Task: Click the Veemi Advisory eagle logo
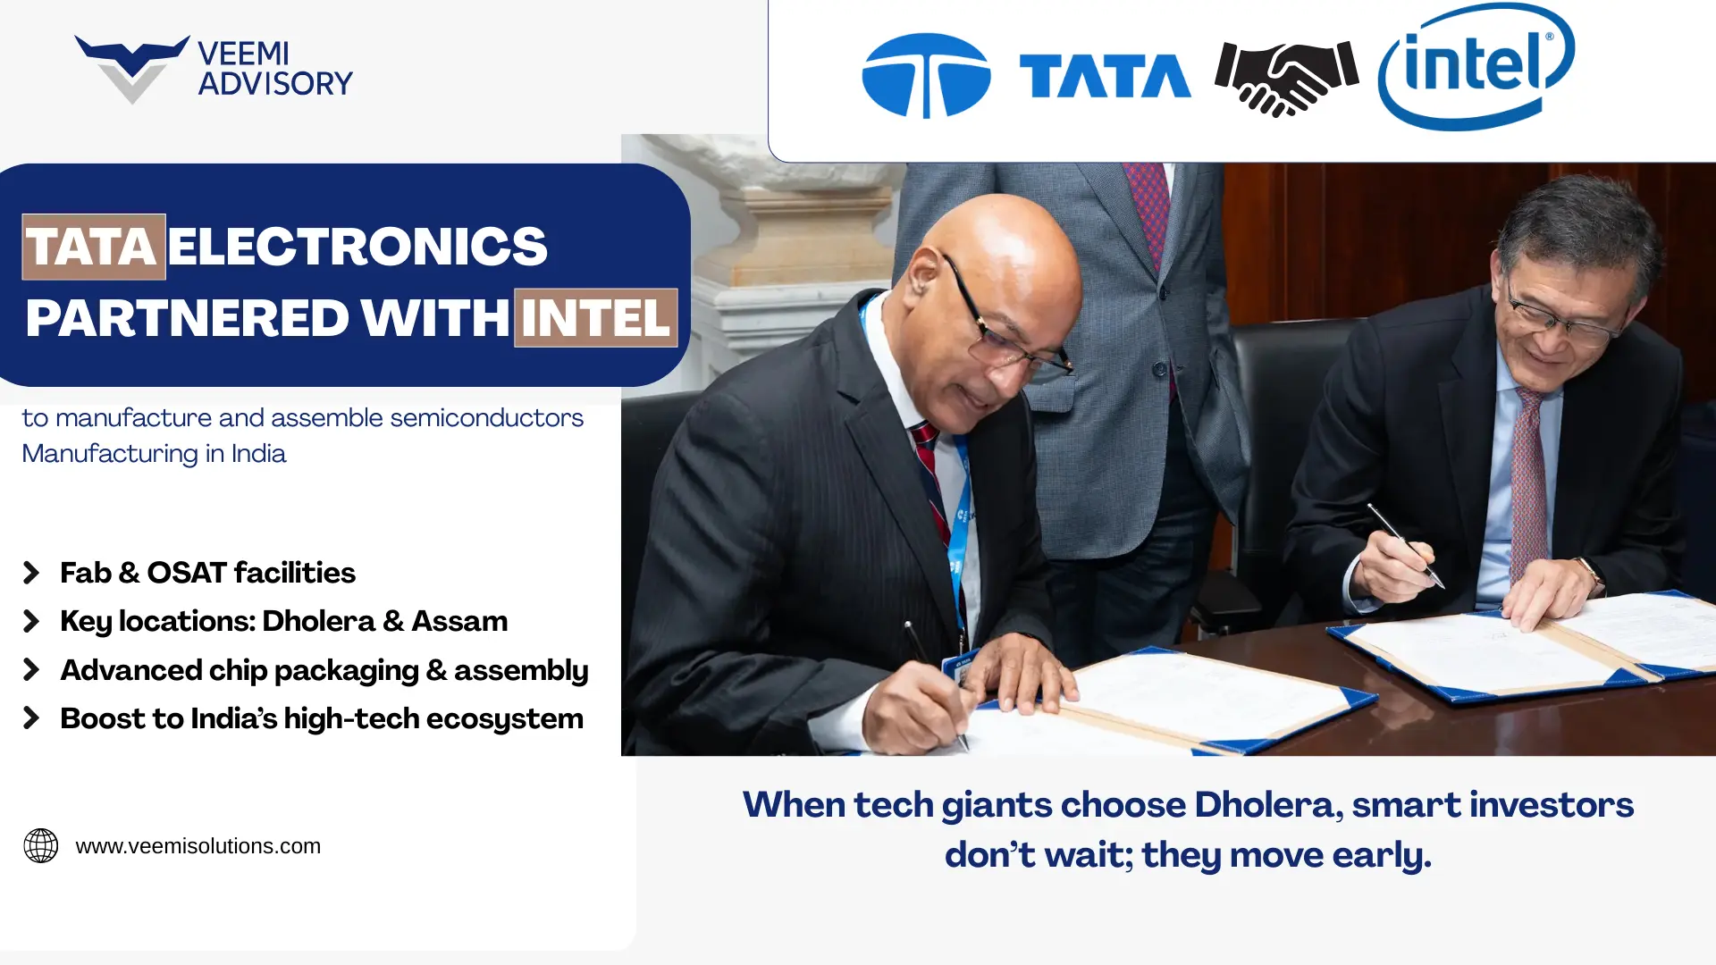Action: pyautogui.click(x=131, y=68)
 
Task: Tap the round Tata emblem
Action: pyautogui.click(x=926, y=75)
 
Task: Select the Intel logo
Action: pyautogui.click(x=1476, y=67)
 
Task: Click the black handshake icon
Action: pyautogui.click(x=1286, y=77)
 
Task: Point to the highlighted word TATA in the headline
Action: pyautogui.click(x=93, y=247)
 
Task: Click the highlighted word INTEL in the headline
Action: pyautogui.click(x=595, y=318)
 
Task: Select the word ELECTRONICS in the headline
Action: pyautogui.click(x=357, y=247)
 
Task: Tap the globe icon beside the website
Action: pyautogui.click(x=41, y=845)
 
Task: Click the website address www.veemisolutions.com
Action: pyautogui.click(x=198, y=846)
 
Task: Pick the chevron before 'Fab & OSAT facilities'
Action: pyautogui.click(x=31, y=573)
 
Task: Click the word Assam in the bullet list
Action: pyautogui.click(x=459, y=621)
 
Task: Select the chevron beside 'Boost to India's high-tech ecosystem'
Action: pyautogui.click(x=31, y=718)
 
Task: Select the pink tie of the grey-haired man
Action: pyautogui.click(x=1527, y=482)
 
